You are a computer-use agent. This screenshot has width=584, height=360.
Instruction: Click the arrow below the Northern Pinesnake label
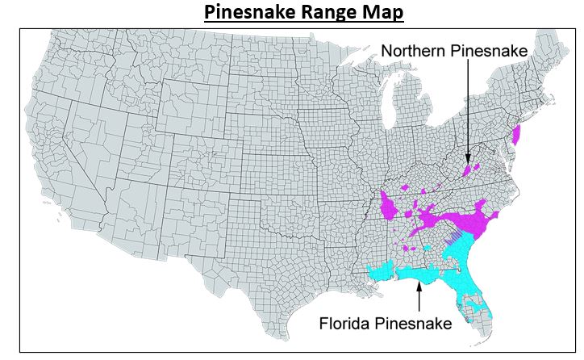point(466,113)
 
